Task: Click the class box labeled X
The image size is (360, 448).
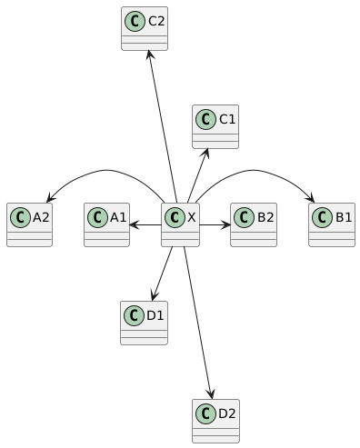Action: point(180,224)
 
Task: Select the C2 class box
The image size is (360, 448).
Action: point(145,28)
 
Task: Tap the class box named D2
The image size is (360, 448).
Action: point(215,421)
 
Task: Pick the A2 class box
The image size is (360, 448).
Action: point(29,224)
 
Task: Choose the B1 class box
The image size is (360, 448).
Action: point(332,224)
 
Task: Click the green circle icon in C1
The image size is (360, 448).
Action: point(205,119)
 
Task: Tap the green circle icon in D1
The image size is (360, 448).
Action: point(134,315)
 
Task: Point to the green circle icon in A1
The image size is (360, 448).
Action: point(97,217)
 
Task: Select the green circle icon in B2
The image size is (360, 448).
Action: point(244,217)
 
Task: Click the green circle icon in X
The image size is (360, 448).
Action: point(175,217)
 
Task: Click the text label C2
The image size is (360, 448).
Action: point(156,21)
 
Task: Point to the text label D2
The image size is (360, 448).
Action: point(227,413)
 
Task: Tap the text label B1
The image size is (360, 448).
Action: point(344,217)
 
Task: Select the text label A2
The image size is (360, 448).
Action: point(41,217)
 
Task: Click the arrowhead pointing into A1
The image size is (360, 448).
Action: point(135,224)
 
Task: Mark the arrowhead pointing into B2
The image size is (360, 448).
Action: point(225,224)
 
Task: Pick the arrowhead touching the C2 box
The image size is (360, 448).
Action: point(150,55)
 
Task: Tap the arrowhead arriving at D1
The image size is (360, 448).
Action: point(155,296)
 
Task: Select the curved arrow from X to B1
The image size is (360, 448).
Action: point(254,170)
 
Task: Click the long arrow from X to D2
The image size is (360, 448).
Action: point(198,323)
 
